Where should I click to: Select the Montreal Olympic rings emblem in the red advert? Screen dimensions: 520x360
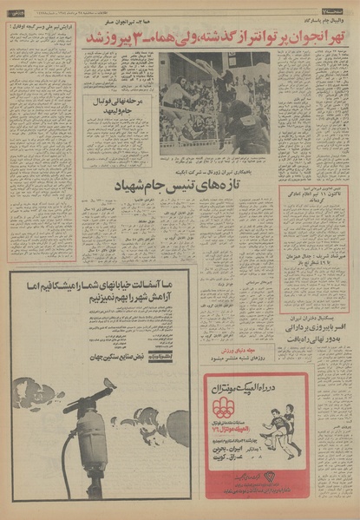pos(224,406)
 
